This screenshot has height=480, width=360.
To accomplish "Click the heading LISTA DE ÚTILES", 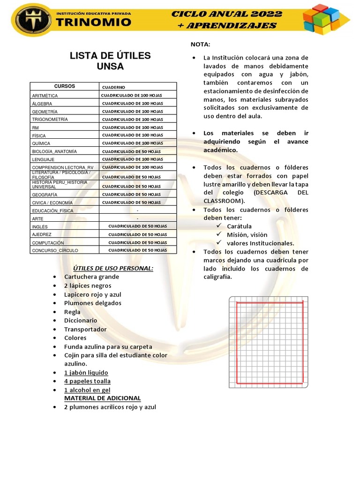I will (110, 56).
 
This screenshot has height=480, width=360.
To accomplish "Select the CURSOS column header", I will (65, 86).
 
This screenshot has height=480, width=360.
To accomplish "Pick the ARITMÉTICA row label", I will (45, 96).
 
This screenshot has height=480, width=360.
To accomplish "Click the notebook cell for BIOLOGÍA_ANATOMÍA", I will (131, 151).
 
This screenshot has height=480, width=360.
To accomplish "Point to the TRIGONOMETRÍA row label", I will (50, 120).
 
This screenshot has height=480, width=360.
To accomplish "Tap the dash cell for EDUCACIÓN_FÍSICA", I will (137, 210).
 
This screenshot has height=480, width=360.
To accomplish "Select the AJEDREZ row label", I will (42, 234).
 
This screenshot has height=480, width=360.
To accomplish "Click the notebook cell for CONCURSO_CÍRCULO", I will (137, 250).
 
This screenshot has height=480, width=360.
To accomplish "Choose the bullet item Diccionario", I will (81, 321).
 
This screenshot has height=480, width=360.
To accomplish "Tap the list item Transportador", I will (85, 329).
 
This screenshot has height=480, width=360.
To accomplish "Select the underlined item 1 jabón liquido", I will (86, 373).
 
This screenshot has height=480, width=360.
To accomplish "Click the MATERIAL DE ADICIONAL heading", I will (102, 398).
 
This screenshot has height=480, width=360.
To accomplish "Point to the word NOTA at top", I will (200, 44).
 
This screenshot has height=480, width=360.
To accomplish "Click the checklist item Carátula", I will (239, 226).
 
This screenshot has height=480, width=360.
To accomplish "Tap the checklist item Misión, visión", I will (247, 235).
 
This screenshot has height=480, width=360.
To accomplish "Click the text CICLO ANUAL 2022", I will (227, 14).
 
